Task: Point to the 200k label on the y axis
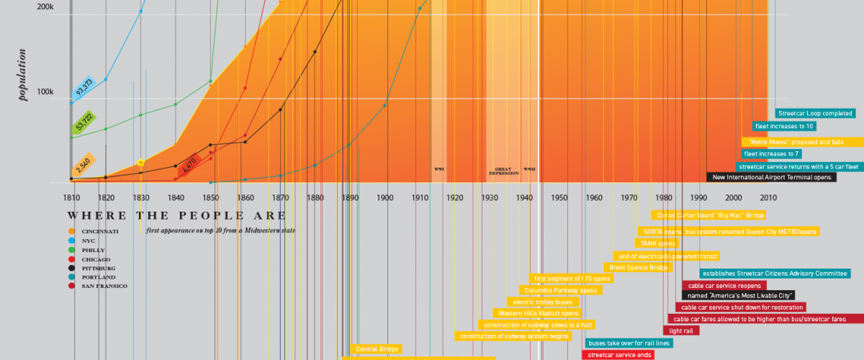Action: [45, 6]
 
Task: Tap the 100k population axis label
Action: [45, 92]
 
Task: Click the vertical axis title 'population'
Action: [23, 75]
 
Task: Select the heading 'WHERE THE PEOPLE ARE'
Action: [176, 216]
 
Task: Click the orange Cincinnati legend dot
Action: [71, 231]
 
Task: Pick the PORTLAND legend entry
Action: [99, 277]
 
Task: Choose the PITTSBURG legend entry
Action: [101, 268]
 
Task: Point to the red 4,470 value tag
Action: [189, 167]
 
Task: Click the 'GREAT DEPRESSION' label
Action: [504, 171]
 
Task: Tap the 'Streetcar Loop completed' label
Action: [815, 113]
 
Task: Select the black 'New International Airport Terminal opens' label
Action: [771, 177]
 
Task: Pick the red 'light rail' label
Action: [681, 330]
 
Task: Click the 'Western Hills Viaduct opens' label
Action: [539, 313]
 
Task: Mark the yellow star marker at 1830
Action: [141, 163]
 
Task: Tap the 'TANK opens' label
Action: [658, 243]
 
